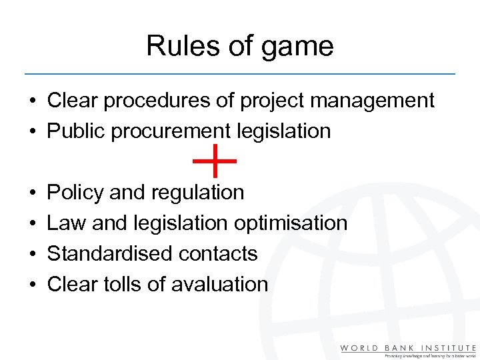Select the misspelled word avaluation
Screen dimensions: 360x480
click(x=219, y=285)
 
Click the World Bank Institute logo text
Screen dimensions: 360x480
click(x=408, y=348)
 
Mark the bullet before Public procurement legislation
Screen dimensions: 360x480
click(x=32, y=132)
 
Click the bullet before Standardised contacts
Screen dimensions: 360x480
click(x=32, y=255)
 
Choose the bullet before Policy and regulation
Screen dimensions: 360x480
click(x=32, y=193)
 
